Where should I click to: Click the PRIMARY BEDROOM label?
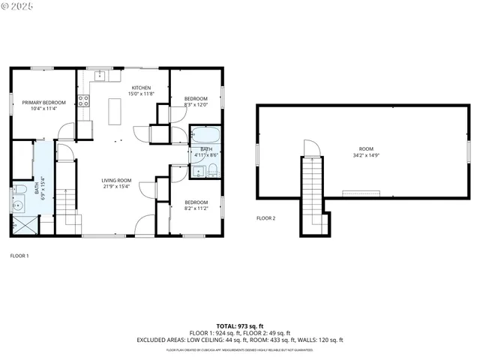click(x=43, y=102)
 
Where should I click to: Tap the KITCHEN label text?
click(x=141, y=88)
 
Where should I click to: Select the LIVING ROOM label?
click(x=117, y=180)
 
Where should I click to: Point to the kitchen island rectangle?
click(x=115, y=111)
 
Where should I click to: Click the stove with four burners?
click(x=83, y=101)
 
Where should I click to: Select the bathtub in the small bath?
click(x=205, y=136)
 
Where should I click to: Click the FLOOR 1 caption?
click(x=19, y=256)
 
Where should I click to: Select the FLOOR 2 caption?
click(x=265, y=218)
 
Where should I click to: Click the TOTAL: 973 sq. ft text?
click(x=239, y=326)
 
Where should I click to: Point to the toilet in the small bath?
click(x=213, y=169)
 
